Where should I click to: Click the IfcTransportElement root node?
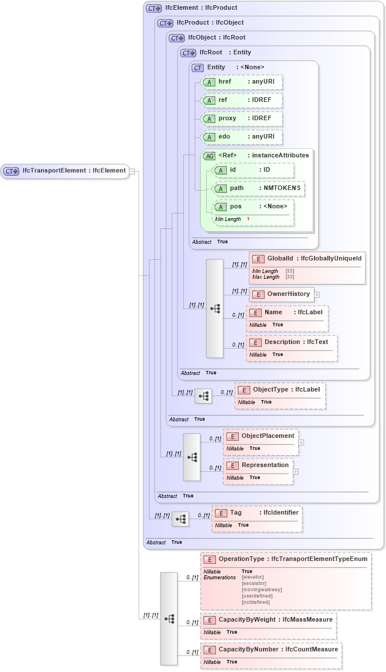coord(65,171)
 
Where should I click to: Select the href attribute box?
coord(242,82)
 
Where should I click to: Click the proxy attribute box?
coord(242,118)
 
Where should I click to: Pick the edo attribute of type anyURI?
coord(242,137)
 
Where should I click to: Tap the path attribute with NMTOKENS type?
coord(257,188)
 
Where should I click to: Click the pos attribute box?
coord(253,207)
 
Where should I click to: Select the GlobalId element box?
coord(307,259)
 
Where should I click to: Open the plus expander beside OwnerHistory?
coord(317,294)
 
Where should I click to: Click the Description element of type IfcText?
coord(292,342)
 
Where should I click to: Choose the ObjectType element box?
coord(280,390)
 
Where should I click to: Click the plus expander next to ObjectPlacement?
coord(301,442)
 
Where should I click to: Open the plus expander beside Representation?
coord(296,472)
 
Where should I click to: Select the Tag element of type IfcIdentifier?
coord(257,513)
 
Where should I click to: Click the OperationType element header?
coord(285,559)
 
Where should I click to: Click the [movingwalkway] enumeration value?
coord(262,590)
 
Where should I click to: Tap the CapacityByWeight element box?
coord(268,619)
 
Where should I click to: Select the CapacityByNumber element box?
coord(271,650)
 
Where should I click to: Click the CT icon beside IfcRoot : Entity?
coord(188,53)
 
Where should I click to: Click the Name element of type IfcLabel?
coord(287,313)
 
